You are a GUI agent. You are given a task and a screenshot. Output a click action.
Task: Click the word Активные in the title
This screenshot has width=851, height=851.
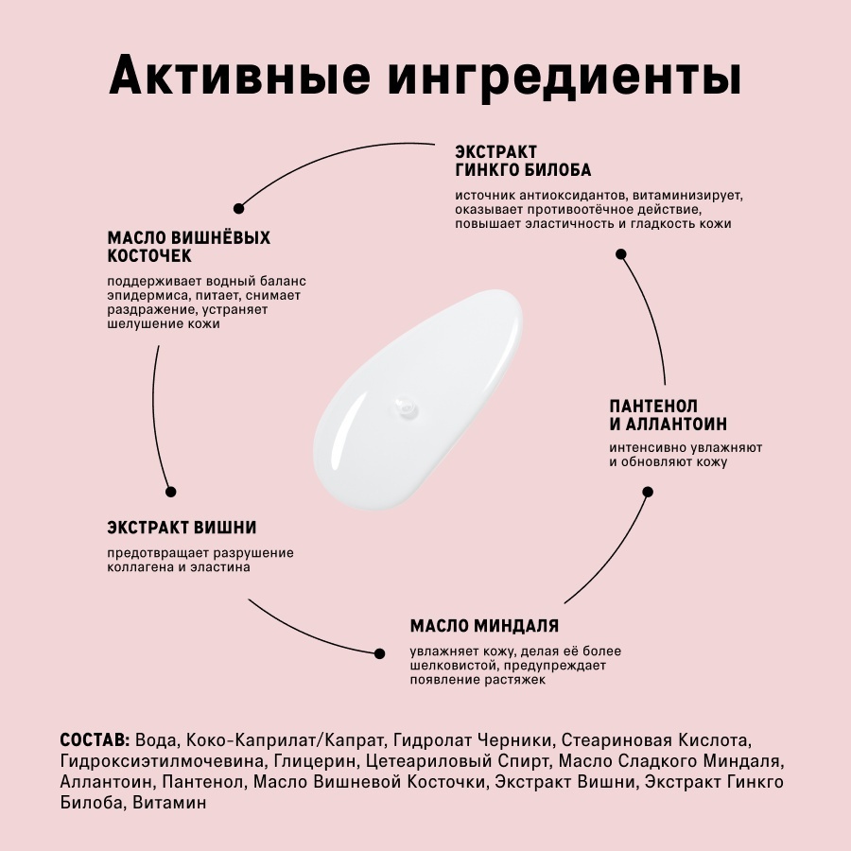pos(239,75)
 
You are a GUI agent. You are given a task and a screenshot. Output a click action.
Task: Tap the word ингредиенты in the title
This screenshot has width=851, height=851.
pos(564,78)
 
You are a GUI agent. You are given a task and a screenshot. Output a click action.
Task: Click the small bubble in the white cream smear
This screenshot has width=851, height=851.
pos(406,406)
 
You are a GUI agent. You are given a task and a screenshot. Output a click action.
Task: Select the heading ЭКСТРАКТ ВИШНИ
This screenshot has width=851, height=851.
pos(182,528)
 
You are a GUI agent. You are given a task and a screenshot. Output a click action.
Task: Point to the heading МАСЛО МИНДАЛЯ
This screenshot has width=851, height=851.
pos(484,626)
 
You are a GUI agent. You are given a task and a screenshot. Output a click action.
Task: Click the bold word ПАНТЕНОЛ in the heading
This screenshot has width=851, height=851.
pos(653,406)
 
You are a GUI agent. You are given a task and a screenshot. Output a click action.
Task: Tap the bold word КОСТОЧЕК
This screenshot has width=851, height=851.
pos(149,256)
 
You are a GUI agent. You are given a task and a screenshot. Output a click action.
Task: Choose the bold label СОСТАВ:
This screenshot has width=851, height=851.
pos(95,740)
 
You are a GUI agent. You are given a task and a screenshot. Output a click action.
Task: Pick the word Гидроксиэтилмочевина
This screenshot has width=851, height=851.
pos(163,761)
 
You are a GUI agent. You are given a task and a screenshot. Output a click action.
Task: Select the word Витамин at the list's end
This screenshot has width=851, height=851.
pos(169,802)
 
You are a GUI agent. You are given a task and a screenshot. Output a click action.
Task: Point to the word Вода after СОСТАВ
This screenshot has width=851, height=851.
pos(156,740)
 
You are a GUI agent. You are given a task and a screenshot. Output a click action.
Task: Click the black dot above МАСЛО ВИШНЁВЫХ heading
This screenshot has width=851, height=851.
pos(238,208)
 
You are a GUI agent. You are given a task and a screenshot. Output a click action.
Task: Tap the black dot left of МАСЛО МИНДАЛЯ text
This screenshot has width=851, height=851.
pos(380,653)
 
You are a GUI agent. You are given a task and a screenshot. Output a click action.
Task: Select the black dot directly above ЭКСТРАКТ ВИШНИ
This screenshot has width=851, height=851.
pos(170,492)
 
